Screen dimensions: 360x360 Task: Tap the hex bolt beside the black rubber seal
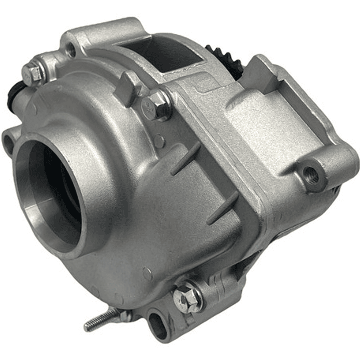pyautogui.click(x=33, y=74)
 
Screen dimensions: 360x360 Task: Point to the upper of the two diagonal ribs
pyautogui.click(x=185, y=158)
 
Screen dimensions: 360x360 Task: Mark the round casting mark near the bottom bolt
pyautogui.click(x=147, y=274)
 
